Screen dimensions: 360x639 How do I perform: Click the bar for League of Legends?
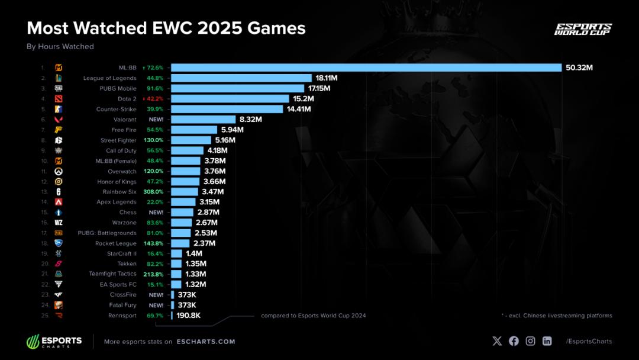click(241, 78)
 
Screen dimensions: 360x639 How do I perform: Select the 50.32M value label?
click(579, 67)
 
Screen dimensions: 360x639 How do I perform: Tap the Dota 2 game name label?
click(127, 99)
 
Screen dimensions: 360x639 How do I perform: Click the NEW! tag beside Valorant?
click(156, 120)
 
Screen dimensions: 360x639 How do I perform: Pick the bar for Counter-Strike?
click(227, 109)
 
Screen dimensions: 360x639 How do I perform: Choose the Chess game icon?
click(59, 212)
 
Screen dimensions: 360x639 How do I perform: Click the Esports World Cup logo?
click(583, 30)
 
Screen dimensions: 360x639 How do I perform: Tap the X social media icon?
click(497, 341)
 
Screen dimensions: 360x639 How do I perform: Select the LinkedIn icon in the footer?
click(547, 341)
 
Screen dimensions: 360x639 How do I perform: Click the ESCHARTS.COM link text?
click(205, 342)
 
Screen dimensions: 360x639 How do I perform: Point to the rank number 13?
click(44, 192)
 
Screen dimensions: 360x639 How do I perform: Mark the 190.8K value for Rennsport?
click(189, 316)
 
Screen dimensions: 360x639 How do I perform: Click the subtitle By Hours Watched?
click(60, 47)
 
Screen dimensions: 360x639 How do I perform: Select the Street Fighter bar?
click(191, 140)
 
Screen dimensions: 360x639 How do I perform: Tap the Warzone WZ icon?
click(59, 223)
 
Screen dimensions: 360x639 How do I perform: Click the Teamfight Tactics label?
click(112, 274)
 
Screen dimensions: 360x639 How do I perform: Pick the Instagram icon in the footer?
click(531, 341)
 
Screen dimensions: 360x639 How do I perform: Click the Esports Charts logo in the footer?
click(54, 342)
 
